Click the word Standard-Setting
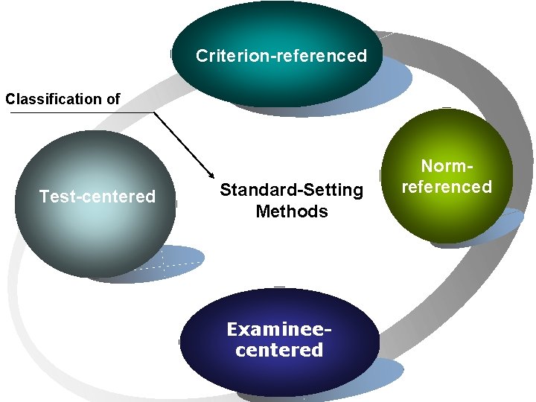(291, 191)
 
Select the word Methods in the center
(291, 211)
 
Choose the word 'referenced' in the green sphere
(447, 186)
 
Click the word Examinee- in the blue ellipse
(278, 329)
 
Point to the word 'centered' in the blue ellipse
(278, 350)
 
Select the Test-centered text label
(97, 197)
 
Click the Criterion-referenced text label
(281, 56)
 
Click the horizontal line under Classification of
(74, 112)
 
